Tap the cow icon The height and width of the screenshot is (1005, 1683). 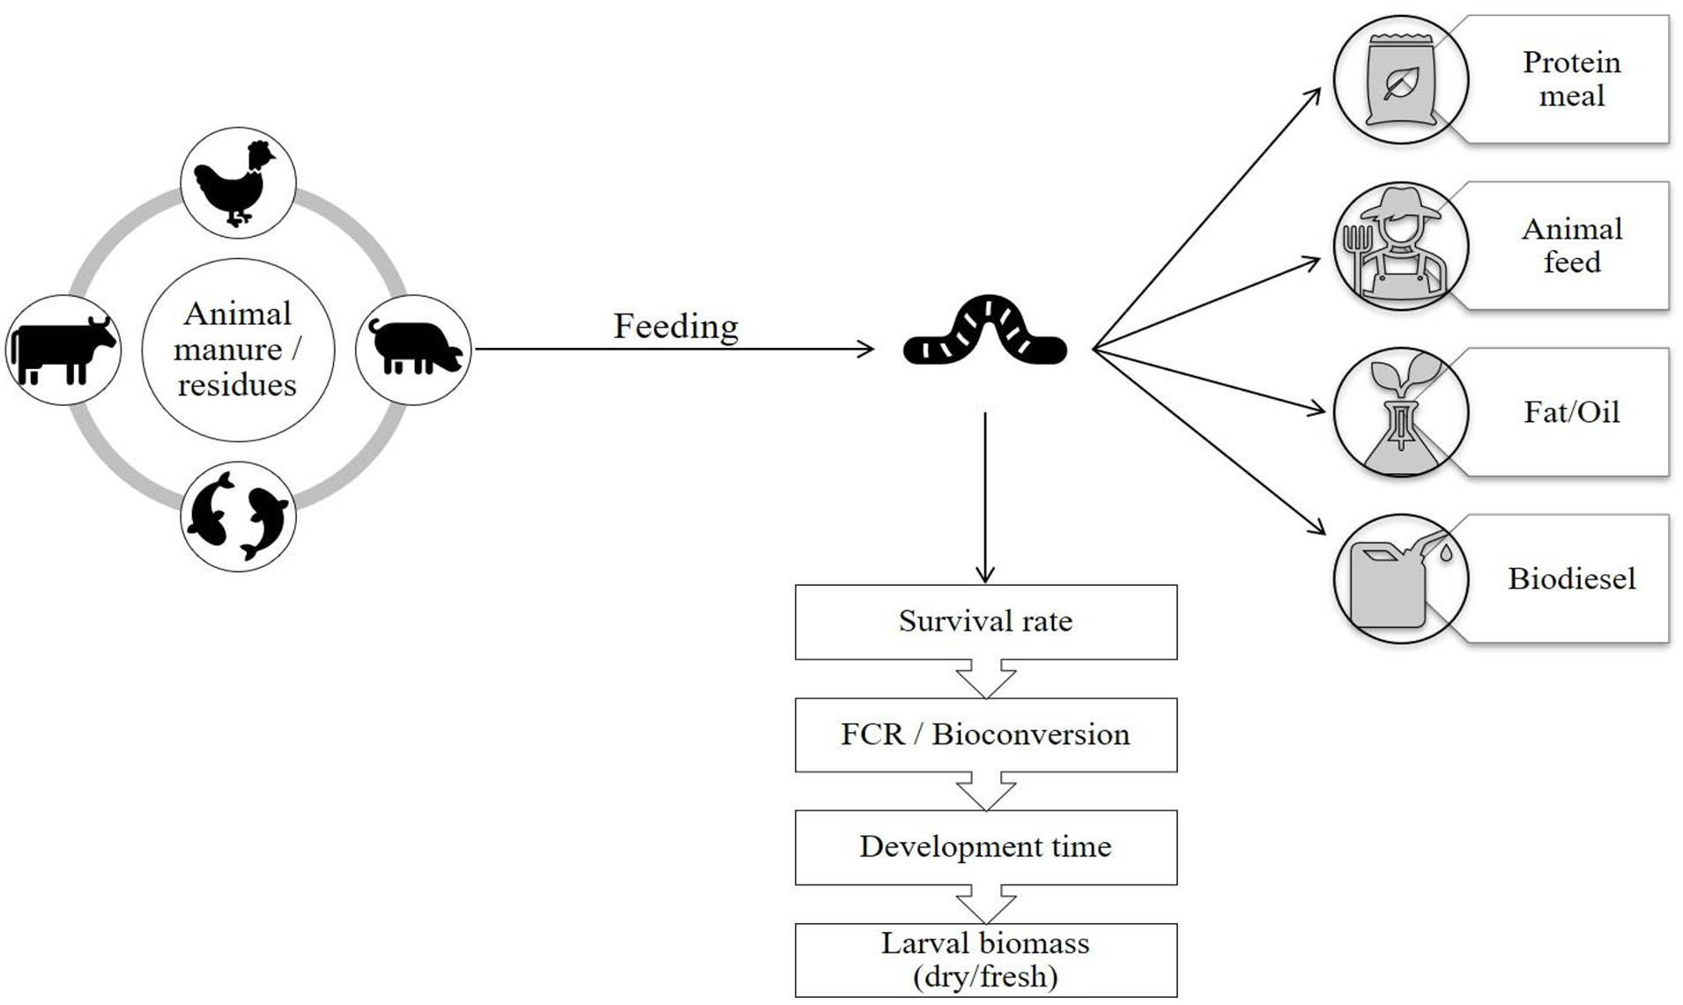coord(63,350)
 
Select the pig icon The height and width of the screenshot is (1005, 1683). coord(415,347)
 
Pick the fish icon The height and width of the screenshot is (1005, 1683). coord(238,516)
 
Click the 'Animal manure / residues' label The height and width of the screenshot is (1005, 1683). coord(237,350)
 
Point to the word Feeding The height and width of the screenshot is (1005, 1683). coord(676,327)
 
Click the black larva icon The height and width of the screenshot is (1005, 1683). coord(985,331)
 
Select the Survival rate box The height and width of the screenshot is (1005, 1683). coord(986,622)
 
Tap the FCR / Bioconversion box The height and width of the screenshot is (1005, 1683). coord(986,735)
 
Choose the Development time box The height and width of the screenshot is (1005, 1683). coord(986,847)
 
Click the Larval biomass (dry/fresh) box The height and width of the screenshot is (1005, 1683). coord(986,960)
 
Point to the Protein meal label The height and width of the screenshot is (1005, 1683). coord(1572,79)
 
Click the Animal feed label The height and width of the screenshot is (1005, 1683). coord(1572,246)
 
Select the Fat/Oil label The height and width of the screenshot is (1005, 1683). coord(1572,412)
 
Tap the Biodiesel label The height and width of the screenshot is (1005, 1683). coord(1572,579)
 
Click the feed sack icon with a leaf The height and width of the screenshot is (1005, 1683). coord(1400,80)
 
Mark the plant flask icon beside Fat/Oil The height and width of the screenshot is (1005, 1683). coord(1401,413)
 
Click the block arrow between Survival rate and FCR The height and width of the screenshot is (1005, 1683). coord(986,679)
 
